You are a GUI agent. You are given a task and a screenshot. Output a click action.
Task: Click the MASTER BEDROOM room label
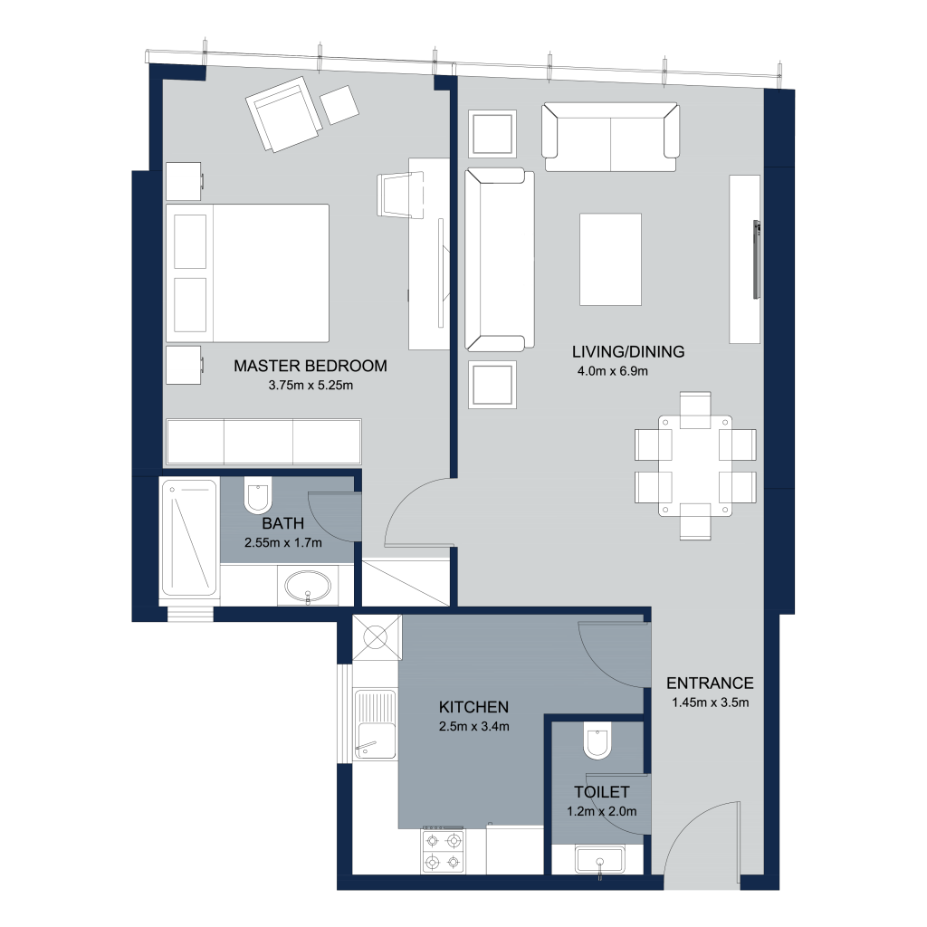pos(311,366)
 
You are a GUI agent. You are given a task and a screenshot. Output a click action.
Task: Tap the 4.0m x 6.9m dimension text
pos(613,371)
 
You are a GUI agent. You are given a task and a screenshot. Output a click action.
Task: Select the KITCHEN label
pos(473,707)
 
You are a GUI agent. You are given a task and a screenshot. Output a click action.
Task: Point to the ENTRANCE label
pos(710,683)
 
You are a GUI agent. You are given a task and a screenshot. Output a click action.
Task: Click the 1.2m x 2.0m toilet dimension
pos(602,812)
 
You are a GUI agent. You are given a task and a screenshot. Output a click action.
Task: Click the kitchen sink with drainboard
pos(374,724)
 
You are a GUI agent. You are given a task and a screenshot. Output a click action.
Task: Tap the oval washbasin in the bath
pos(308,587)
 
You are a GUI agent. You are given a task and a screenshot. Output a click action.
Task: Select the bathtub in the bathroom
pos(189,538)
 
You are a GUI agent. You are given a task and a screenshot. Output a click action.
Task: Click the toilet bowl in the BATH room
pos(258,495)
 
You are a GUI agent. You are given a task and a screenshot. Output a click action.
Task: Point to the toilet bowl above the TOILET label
pos(597,741)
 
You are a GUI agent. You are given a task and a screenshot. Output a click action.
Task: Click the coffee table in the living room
pos(611,260)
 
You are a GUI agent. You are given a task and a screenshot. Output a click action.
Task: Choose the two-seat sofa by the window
pos(611,138)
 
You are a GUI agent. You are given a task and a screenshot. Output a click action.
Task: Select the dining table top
pos(695,465)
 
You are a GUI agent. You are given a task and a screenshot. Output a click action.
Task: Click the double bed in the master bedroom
pos(247,273)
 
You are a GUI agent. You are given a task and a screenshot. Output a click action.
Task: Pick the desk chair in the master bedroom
pos(401,196)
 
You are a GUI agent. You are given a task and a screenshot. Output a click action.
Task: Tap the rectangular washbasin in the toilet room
pos(599,860)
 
